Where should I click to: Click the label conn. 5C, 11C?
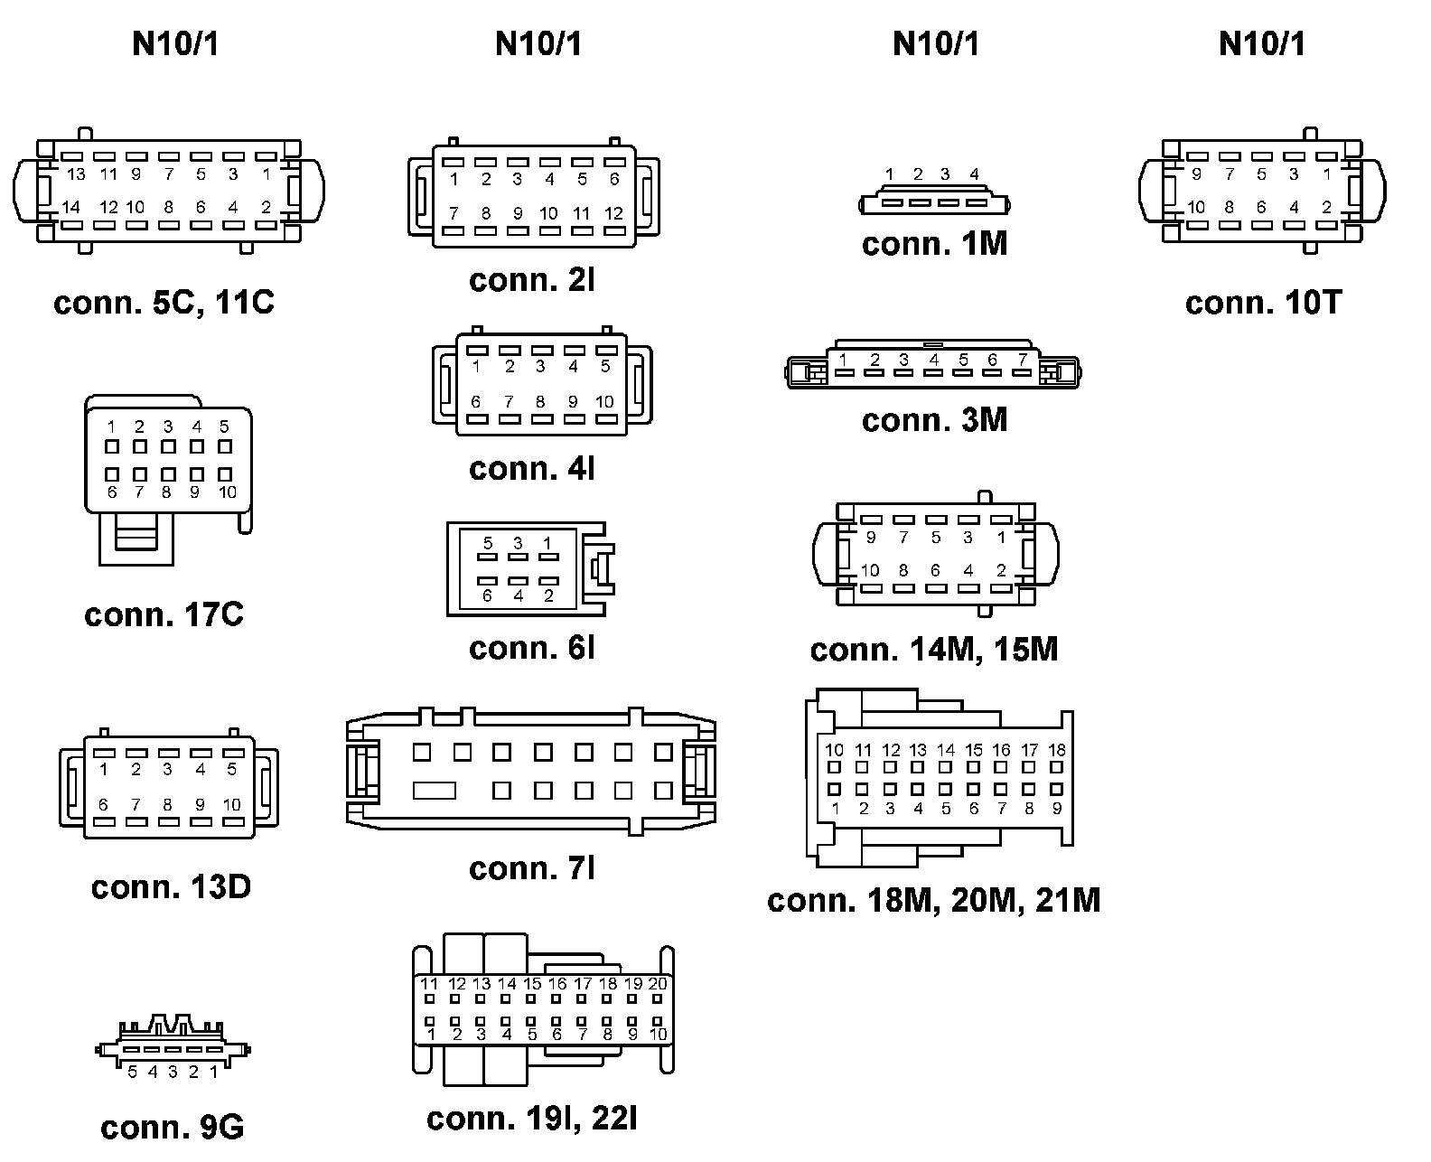[x=164, y=303]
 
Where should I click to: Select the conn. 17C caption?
[x=164, y=615]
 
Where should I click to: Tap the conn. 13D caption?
[x=171, y=887]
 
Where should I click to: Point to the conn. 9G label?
[x=172, y=1128]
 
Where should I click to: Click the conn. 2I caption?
[x=531, y=280]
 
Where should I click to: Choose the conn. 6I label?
[x=531, y=648]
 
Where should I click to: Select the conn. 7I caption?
[x=531, y=868]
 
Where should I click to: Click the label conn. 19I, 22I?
[x=531, y=1119]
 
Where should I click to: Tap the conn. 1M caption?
[x=934, y=244]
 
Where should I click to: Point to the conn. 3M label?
[x=934, y=420]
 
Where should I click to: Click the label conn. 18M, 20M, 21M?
[x=933, y=901]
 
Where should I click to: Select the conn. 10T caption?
[x=1263, y=303]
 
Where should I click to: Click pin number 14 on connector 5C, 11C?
[x=70, y=208]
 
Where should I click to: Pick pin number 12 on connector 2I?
[x=614, y=214]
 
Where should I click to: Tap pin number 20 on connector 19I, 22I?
[x=658, y=984]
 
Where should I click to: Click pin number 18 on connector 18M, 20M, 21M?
[x=1057, y=750]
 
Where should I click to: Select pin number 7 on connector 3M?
[x=1022, y=360]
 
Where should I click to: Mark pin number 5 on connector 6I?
[x=489, y=543]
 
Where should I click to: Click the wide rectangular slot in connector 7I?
[x=435, y=791]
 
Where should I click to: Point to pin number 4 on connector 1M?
[x=974, y=174]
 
